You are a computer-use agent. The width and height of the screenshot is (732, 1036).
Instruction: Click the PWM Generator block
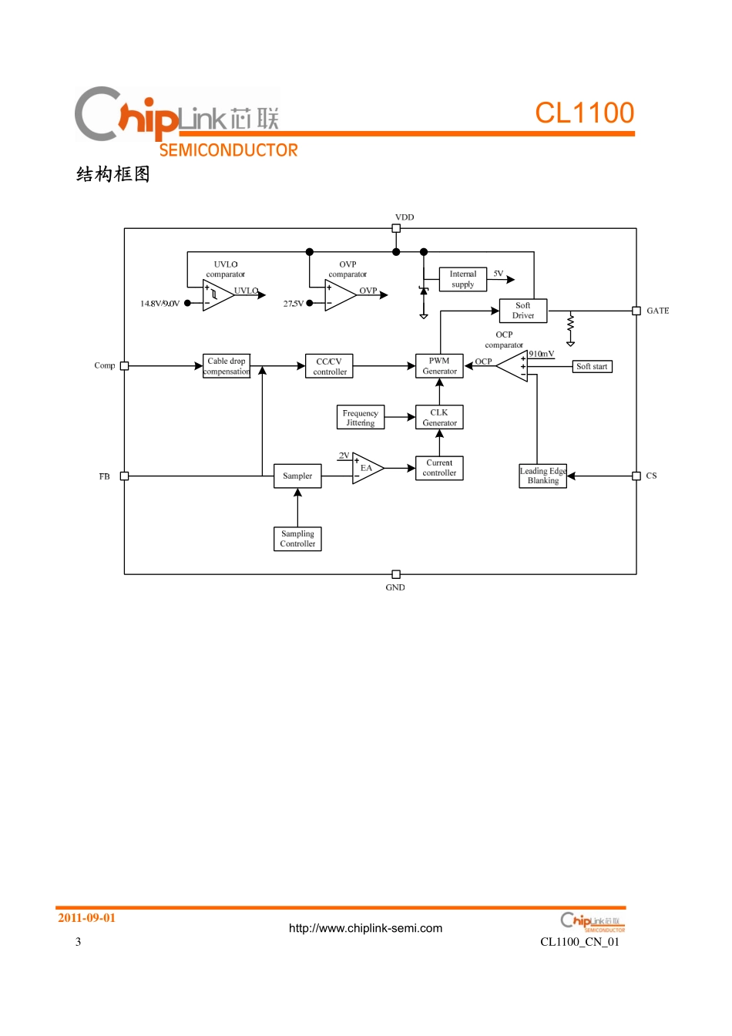pyautogui.click(x=439, y=366)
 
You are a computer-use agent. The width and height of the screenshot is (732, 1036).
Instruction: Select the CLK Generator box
pyautogui.click(x=439, y=418)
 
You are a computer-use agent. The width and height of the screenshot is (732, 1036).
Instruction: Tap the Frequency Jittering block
pyautogui.click(x=361, y=418)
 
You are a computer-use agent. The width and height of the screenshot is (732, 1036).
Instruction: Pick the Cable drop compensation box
pyautogui.click(x=227, y=366)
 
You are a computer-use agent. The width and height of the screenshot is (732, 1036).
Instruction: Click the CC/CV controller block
pyautogui.click(x=330, y=366)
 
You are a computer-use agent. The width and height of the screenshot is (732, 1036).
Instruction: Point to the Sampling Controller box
pyautogui.click(x=297, y=539)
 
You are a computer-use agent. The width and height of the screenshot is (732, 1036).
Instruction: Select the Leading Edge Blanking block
pyautogui.click(x=543, y=476)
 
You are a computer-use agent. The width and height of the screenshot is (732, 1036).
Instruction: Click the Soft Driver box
pyautogui.click(x=523, y=311)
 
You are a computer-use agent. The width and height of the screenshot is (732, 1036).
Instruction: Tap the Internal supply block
pyautogui.click(x=463, y=279)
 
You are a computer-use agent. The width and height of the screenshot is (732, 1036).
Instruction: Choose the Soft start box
pyautogui.click(x=592, y=367)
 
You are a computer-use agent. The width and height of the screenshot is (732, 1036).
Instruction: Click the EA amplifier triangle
pyautogui.click(x=366, y=468)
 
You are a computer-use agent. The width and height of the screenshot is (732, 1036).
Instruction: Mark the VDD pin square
pyautogui.click(x=396, y=228)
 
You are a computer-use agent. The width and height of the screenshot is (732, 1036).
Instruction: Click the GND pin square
pyautogui.click(x=396, y=574)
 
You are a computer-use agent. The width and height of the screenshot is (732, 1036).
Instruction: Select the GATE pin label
pyautogui.click(x=657, y=311)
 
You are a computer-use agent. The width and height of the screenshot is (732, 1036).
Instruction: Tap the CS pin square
pyautogui.click(x=636, y=476)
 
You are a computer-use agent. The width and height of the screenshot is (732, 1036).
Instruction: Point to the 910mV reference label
pyautogui.click(x=541, y=354)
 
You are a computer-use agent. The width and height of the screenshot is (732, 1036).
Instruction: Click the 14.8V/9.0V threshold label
pyautogui.click(x=159, y=304)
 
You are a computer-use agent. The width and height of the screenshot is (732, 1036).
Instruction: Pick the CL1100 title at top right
pyautogui.click(x=584, y=113)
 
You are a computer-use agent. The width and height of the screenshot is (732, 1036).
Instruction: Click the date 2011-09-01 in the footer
pyautogui.click(x=86, y=918)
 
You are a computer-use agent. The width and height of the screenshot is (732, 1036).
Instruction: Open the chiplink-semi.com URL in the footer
pyautogui.click(x=365, y=928)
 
